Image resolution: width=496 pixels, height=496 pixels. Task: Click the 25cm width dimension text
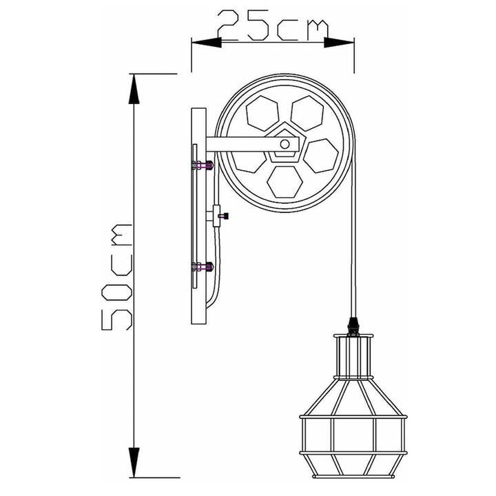tap(272, 28)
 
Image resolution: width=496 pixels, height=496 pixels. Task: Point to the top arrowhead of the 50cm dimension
tap(134, 87)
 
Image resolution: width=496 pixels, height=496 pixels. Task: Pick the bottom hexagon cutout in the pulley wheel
tap(285, 180)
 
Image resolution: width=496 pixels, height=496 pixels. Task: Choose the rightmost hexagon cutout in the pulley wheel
tap(321, 155)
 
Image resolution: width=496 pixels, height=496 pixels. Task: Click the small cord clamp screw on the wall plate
tap(223, 216)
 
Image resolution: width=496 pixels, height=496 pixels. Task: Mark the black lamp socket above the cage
tap(354, 323)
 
